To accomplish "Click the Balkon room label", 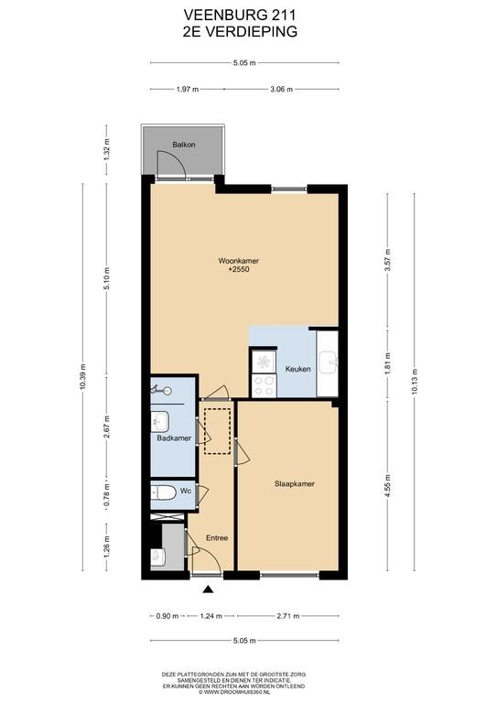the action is click(184, 145).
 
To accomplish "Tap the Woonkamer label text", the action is click(238, 261).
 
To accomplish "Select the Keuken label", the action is click(298, 369).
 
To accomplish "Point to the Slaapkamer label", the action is click(295, 483).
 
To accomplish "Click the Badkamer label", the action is click(174, 438).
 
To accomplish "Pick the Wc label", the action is click(186, 491).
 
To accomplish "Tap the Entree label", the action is click(217, 538).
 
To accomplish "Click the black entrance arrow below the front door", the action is click(208, 589).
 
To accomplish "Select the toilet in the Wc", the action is click(163, 493).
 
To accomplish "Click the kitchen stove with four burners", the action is click(264, 385).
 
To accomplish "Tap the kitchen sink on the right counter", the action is click(329, 362).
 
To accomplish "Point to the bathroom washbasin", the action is click(160, 421).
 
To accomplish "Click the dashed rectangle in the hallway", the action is click(217, 431).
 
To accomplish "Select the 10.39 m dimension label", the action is click(82, 377).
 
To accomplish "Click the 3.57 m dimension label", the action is click(388, 260).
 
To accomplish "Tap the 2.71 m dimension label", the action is click(288, 616).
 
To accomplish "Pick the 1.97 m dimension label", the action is click(188, 89).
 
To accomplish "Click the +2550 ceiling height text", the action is click(238, 269).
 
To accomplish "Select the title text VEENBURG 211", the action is click(240, 16).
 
